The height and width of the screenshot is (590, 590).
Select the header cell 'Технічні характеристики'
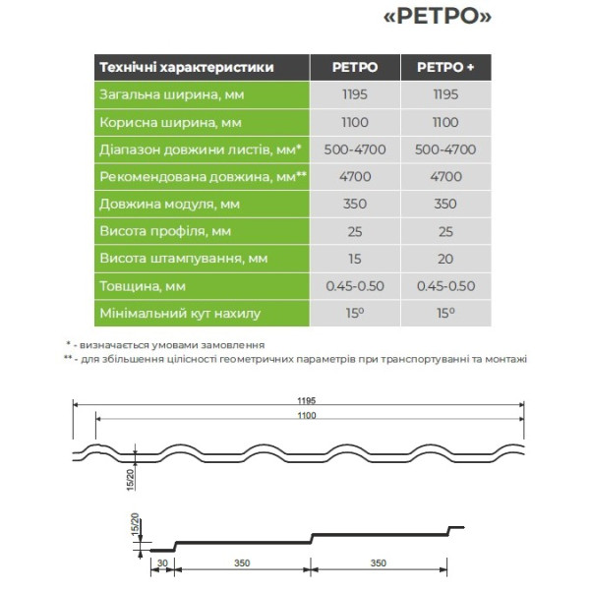pos(186,68)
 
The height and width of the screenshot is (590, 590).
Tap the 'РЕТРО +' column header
pos(445,68)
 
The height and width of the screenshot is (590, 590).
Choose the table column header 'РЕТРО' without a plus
pos(355,68)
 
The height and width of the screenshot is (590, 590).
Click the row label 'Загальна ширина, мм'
pos(172,95)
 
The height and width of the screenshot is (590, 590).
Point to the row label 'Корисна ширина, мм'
pos(171,123)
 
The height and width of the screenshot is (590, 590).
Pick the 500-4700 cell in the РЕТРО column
pos(355,150)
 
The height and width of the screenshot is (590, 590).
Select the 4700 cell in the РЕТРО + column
pos(445,177)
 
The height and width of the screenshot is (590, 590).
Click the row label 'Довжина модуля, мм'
pos(169,205)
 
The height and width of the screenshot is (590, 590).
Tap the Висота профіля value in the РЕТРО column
pos(355,232)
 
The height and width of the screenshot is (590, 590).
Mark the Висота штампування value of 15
pos(355,259)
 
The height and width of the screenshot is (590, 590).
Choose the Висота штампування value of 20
pos(445,259)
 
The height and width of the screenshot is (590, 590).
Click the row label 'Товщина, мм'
pos(143,286)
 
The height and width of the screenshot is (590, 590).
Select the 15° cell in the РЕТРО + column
pos(445,314)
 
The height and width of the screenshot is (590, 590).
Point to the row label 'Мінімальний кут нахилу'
pos(180,315)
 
